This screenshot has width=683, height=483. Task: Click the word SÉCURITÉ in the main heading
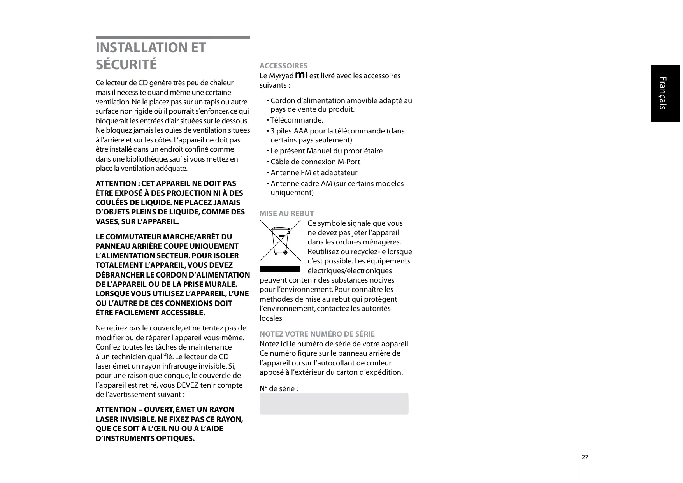click(x=126, y=65)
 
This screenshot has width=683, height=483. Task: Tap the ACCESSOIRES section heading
click(x=283, y=66)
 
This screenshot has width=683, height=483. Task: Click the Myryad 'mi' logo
click(x=302, y=75)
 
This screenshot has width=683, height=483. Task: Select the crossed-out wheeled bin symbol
click(x=280, y=241)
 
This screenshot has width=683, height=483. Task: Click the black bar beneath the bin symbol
click(x=280, y=269)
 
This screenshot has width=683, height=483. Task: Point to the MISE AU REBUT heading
click(x=286, y=213)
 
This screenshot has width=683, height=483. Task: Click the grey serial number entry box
click(x=334, y=404)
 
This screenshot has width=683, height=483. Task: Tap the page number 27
click(x=585, y=457)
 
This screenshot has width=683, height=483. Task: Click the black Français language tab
click(x=665, y=93)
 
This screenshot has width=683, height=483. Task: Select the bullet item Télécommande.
click(x=297, y=120)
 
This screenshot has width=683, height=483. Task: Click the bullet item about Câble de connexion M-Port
click(x=315, y=162)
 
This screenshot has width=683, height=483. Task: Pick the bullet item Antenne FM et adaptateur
click(x=314, y=172)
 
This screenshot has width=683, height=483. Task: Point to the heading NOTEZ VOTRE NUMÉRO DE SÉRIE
click(x=317, y=334)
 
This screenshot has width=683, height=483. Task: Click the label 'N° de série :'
click(x=279, y=388)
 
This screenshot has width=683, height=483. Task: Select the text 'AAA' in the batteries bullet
click(x=301, y=131)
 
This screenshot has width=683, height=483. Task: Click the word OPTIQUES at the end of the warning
click(x=175, y=438)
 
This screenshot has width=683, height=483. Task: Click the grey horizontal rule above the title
click(x=173, y=38)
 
